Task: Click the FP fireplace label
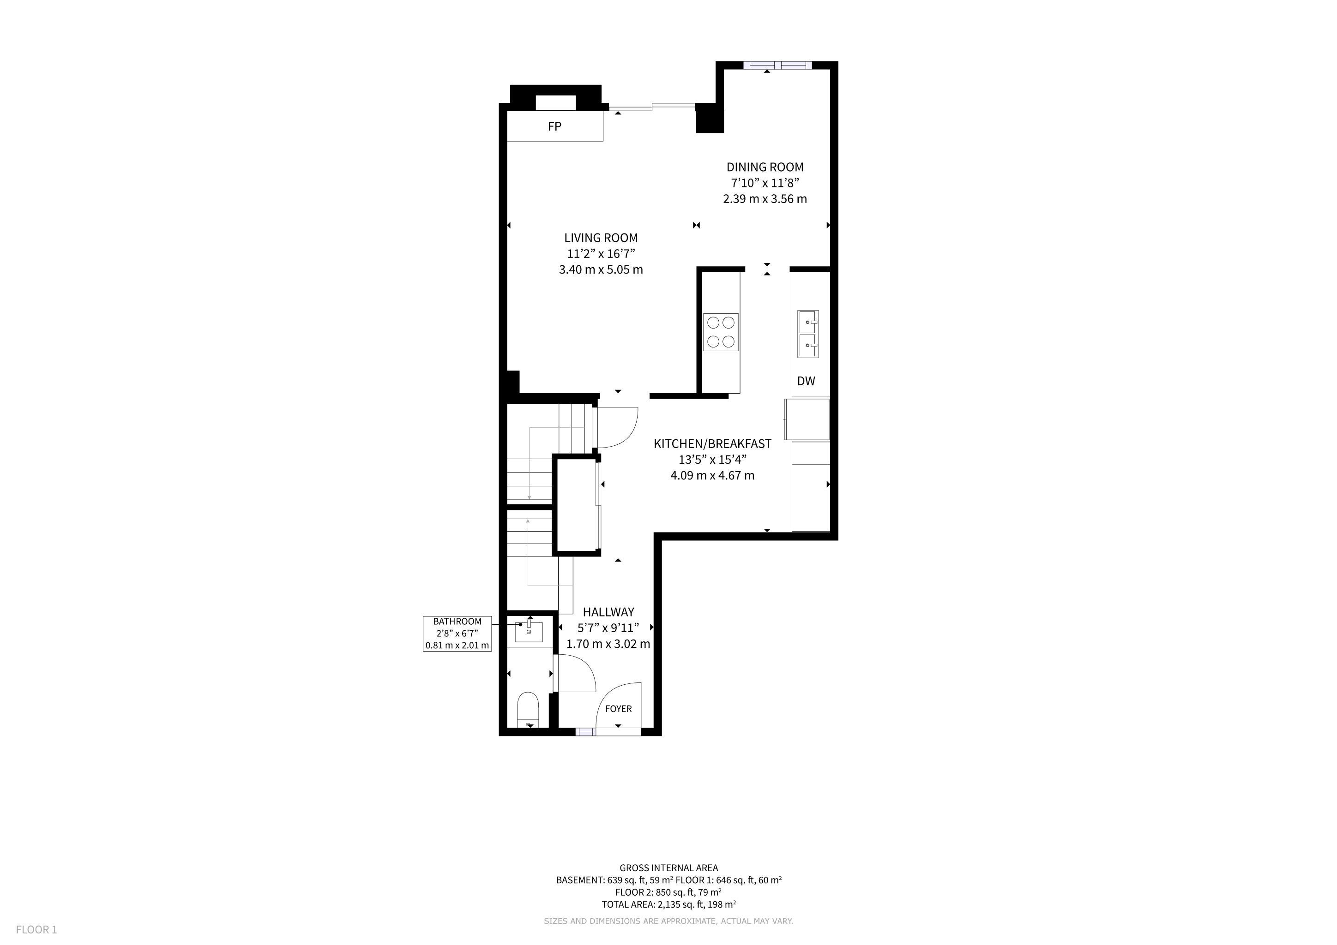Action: click(x=554, y=126)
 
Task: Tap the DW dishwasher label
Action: click(x=806, y=381)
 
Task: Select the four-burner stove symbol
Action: click(x=721, y=332)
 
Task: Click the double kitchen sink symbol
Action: click(x=808, y=334)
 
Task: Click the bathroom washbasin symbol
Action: click(x=529, y=631)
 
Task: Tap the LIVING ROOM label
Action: click(x=601, y=238)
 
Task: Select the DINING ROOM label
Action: click(x=765, y=167)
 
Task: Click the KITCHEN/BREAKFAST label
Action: click(x=712, y=443)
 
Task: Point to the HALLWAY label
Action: click(x=608, y=612)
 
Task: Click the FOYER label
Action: click(x=619, y=709)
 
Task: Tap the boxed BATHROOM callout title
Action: click(x=457, y=622)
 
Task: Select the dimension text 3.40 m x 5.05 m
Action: click(x=601, y=270)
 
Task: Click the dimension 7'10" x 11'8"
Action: click(x=765, y=183)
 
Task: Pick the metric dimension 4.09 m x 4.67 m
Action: click(x=712, y=475)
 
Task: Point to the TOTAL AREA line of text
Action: click(x=668, y=904)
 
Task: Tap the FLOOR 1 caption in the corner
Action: click(x=36, y=930)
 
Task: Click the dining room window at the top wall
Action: click(x=777, y=65)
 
